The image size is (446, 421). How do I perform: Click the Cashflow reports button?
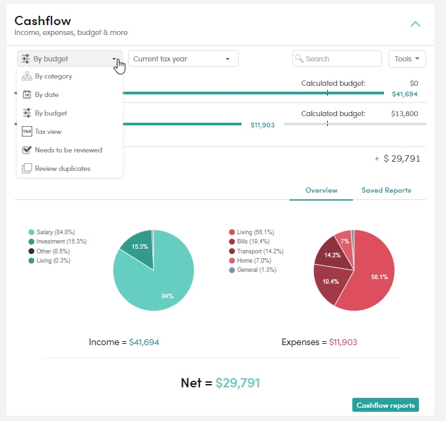click(x=385, y=405)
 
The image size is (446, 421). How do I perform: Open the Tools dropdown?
click(x=407, y=59)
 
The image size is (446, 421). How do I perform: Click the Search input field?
click(x=336, y=59)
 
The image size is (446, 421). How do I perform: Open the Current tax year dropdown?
click(x=183, y=59)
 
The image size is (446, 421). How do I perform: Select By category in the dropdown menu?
click(x=53, y=77)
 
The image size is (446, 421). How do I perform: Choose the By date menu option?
click(x=47, y=95)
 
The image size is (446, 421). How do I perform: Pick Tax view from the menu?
click(x=48, y=132)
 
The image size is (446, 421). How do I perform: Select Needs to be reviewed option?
click(x=68, y=150)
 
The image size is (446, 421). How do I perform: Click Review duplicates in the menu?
click(x=63, y=168)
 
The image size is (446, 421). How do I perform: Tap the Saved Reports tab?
click(x=386, y=190)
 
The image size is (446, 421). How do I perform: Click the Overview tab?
click(x=321, y=190)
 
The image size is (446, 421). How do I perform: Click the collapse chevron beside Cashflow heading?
click(x=415, y=24)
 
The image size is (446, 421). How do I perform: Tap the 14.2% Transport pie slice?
click(x=333, y=254)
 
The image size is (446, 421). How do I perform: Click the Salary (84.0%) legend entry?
click(x=51, y=232)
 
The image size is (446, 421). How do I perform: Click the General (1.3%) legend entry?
click(x=253, y=270)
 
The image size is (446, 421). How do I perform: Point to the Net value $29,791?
click(x=238, y=383)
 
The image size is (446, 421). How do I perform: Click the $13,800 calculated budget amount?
click(x=404, y=113)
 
